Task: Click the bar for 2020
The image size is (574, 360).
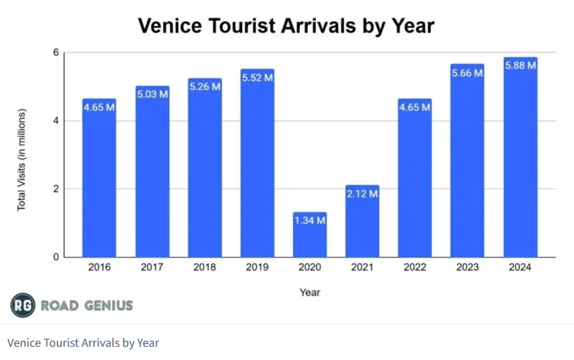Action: [310, 235]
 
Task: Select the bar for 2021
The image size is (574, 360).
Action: [363, 221]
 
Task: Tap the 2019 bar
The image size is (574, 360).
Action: [257, 163]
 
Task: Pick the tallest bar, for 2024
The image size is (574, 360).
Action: [520, 157]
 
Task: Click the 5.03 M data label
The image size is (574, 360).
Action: [152, 94]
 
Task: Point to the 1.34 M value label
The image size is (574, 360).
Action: [310, 220]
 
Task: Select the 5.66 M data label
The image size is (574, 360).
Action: [467, 73]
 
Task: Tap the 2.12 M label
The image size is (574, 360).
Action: [363, 193]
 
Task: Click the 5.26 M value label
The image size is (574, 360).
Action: [205, 87]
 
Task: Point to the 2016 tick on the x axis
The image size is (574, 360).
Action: [99, 267]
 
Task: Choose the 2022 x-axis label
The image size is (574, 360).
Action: [415, 267]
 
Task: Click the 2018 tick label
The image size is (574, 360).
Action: [205, 267]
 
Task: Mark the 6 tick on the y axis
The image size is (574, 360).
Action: [56, 52]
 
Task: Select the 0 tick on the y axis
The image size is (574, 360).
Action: [56, 257]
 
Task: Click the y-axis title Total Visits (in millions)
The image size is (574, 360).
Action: [21, 160]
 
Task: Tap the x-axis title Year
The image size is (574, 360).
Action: [310, 292]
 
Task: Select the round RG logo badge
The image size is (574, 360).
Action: [23, 305]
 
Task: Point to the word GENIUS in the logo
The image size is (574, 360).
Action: [108, 305]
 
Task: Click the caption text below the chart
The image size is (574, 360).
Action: [83, 343]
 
